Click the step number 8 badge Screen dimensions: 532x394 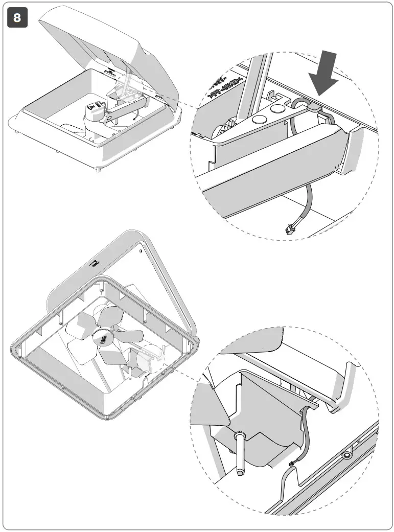tap(18, 18)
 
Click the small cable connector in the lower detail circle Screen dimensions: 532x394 tap(292, 463)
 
